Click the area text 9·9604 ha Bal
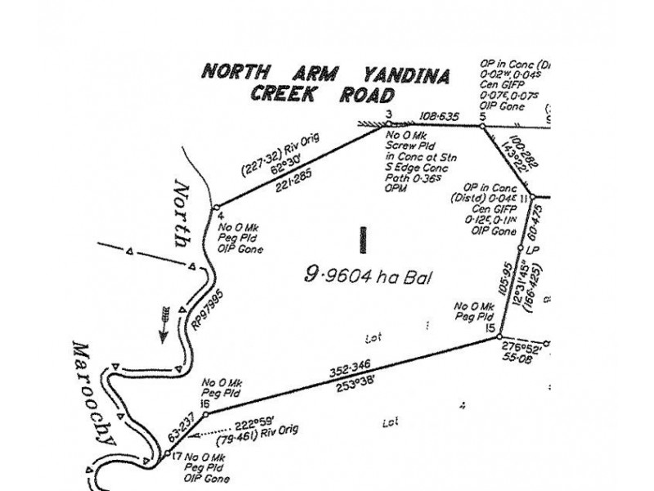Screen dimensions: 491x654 (367, 276)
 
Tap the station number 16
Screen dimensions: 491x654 (204, 404)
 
